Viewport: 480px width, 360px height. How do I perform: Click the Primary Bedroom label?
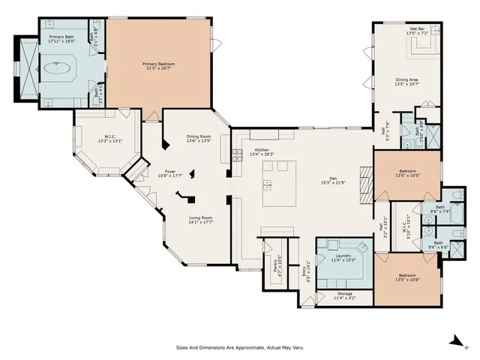coord(158,66)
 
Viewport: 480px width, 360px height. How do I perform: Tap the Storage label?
coord(344,295)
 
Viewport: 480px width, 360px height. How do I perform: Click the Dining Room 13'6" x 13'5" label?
coord(199,138)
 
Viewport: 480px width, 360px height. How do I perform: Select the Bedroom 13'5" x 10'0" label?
coord(410,173)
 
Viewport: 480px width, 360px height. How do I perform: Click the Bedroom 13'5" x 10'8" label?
coord(410,277)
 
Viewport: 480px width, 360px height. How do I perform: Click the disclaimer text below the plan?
coord(239,348)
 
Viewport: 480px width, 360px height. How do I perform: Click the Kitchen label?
coord(262,152)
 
